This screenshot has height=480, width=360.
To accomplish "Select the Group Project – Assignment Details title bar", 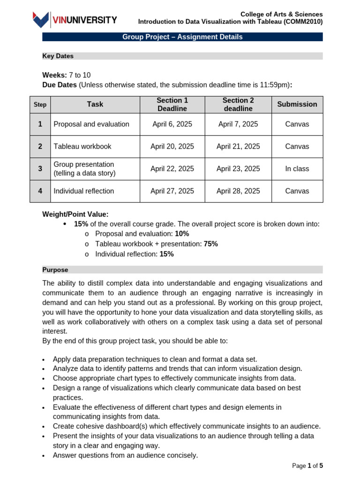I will click(x=182, y=37).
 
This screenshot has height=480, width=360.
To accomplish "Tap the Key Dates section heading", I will click(x=58, y=56).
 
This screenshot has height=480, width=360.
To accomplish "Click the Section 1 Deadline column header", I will click(x=172, y=105).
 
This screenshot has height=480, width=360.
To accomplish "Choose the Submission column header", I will click(x=297, y=104).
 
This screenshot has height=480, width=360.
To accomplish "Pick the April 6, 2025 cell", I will click(x=172, y=124).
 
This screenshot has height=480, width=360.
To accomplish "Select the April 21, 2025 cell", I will click(x=238, y=146).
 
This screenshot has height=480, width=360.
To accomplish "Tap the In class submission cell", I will click(x=297, y=169).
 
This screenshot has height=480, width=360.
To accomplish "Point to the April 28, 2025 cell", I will click(x=238, y=191).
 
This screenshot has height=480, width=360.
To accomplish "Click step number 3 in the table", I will click(x=40, y=169).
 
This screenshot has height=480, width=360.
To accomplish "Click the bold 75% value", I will click(x=210, y=244).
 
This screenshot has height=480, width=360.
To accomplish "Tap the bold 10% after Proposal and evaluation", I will click(x=182, y=233).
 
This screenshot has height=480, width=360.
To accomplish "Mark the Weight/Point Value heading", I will click(x=75, y=214).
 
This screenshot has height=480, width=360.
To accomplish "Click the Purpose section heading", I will click(x=55, y=270).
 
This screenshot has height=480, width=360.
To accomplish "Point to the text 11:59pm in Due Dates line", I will click(x=273, y=85).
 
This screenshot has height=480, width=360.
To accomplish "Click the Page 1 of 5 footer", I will click(x=307, y=465).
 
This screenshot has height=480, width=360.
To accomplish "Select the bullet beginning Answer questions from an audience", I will click(x=125, y=455).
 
